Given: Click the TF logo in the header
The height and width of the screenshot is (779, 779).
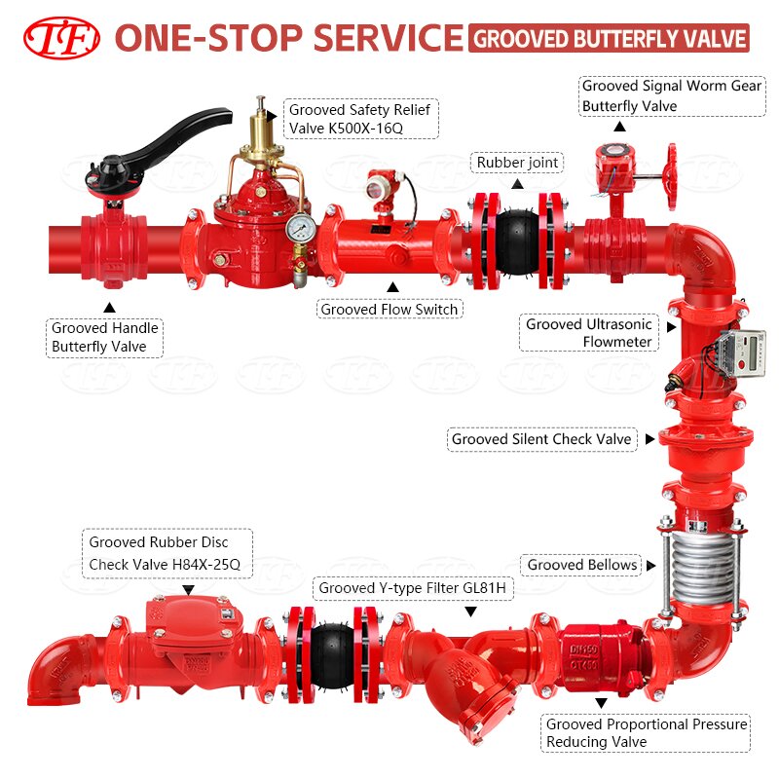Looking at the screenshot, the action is point(61,38).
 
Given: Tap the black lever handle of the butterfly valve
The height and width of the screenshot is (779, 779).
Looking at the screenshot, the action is point(164,140).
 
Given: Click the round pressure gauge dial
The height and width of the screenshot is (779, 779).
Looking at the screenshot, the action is point(300,228).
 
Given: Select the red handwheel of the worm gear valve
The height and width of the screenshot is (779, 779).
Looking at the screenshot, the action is point(672,176).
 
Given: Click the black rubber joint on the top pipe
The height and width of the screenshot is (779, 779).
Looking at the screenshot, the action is point(517,241).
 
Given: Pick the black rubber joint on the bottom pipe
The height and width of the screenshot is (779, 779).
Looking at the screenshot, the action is point(333,655).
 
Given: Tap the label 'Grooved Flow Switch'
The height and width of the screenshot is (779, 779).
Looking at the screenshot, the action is point(389,309).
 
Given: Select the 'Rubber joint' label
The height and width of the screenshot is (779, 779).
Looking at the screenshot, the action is point(517,163).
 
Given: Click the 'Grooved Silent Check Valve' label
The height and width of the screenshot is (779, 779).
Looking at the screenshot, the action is point(542,439).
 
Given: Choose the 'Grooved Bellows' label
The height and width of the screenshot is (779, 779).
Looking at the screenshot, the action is point(581,565).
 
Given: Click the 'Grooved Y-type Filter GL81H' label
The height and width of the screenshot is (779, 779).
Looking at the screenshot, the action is point(413,588).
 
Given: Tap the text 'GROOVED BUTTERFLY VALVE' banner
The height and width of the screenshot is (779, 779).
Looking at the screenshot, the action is point(609,38).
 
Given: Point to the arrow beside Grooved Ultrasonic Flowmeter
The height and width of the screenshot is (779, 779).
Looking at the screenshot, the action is point(671,327).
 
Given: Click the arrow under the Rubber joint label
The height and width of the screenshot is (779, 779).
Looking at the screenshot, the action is point(518,184).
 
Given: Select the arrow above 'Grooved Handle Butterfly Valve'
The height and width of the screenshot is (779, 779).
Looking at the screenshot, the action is point(109,308).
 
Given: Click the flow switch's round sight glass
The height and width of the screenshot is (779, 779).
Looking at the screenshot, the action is point(374,189).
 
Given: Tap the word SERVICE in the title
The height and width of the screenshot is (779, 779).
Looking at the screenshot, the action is point(388,38).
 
